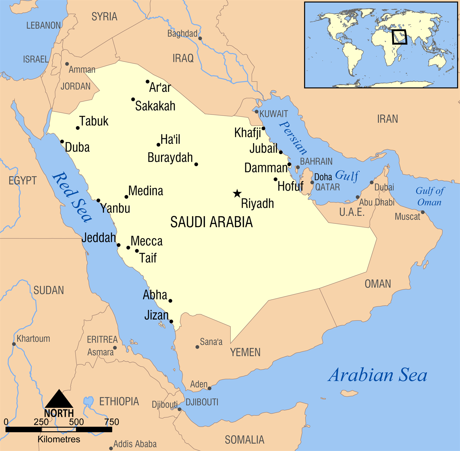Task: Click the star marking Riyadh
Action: (x=237, y=193)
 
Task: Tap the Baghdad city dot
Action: (x=200, y=38)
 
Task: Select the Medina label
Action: (x=146, y=191)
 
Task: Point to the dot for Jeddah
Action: (x=119, y=245)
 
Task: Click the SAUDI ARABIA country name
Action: (x=212, y=222)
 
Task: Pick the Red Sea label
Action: (x=72, y=197)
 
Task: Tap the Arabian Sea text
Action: (x=378, y=375)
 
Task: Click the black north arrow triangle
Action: (x=59, y=399)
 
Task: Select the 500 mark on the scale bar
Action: (x=76, y=422)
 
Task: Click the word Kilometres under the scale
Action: (x=59, y=439)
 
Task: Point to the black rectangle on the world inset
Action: (x=399, y=37)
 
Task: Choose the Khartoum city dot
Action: (x=14, y=344)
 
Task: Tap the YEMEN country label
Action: (x=245, y=352)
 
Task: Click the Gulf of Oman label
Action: (x=430, y=197)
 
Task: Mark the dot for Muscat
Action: (x=423, y=212)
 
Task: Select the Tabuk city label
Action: (x=94, y=121)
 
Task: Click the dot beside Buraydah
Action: (x=196, y=165)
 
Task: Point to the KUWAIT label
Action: (x=274, y=114)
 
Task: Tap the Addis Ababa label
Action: (x=135, y=444)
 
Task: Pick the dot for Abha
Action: (x=170, y=301)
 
